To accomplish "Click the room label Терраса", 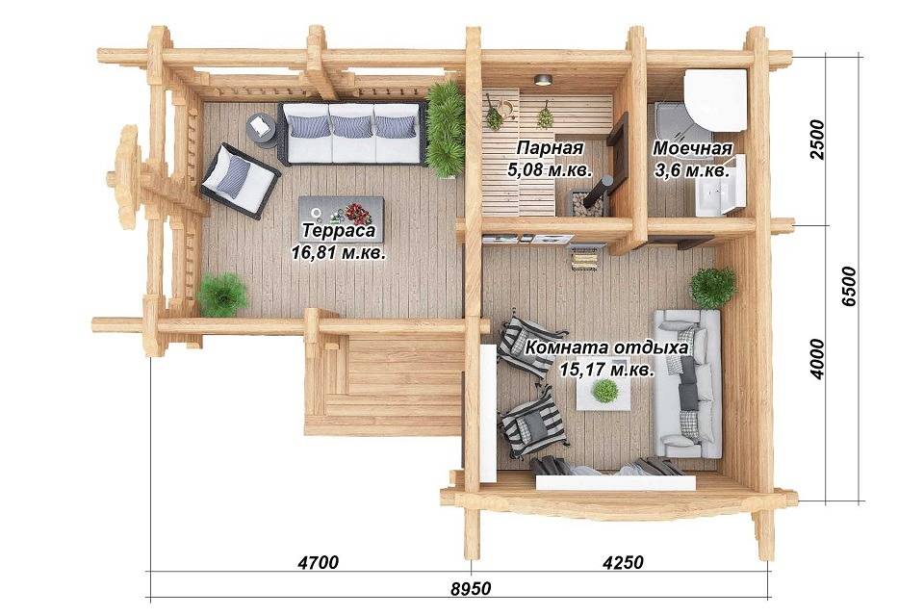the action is point(339,230).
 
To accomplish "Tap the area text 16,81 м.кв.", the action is point(339,253).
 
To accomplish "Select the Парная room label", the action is point(550,147).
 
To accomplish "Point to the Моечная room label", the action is point(692,148).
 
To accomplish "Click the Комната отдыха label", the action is point(606,347).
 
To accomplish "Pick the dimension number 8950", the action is point(471,589).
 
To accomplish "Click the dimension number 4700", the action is point(319,562).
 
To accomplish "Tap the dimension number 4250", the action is point(623,562).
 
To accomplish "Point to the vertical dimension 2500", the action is point(817,140).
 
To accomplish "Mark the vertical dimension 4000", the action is point(817,359).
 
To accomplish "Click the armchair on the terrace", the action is point(240,179).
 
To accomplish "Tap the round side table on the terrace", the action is point(260,127).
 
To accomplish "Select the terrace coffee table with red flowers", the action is point(341,218).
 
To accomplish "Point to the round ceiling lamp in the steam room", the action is point(542,80).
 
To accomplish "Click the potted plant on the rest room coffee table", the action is point(604,390).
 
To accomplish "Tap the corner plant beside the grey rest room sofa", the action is point(712,288).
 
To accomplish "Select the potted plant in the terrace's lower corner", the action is point(222,295).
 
